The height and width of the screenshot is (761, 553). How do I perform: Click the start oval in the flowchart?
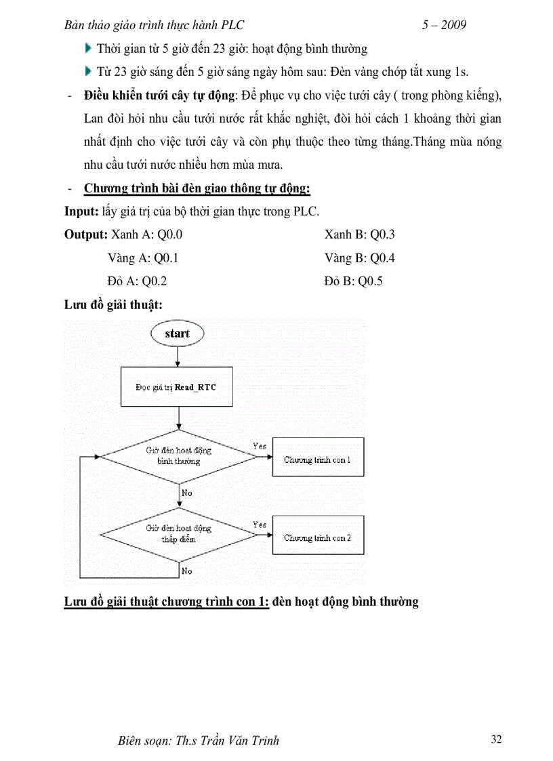[x=177, y=333]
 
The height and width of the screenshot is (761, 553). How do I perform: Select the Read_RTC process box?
[x=178, y=387]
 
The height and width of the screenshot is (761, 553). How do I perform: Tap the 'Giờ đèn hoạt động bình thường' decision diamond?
[x=179, y=455]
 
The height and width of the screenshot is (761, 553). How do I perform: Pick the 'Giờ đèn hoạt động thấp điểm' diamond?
[x=179, y=533]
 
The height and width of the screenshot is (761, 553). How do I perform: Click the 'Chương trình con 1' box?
[x=317, y=459]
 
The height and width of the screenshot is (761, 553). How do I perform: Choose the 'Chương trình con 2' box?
[x=317, y=537]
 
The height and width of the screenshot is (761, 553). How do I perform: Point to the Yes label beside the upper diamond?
[x=259, y=446]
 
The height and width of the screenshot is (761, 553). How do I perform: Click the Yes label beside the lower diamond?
[x=259, y=525]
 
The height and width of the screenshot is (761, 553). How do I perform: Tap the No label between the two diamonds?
[x=187, y=493]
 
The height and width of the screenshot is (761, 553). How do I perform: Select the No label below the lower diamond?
[x=187, y=571]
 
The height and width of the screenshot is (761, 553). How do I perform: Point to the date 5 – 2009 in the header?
[x=444, y=25]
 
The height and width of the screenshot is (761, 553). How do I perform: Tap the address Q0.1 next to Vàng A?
[x=166, y=258]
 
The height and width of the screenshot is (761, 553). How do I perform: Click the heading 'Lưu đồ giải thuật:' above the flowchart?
[x=112, y=304]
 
